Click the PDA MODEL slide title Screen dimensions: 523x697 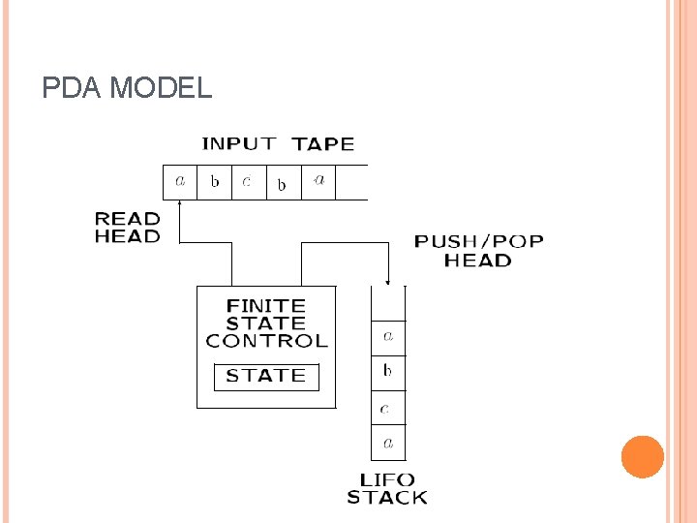pos(127,89)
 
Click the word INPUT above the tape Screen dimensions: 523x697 pos(238,144)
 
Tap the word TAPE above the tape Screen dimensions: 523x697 pos(323,144)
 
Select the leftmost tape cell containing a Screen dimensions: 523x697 pos(180,182)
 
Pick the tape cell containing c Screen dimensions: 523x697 pos(248,182)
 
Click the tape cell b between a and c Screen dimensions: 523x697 pos(215,182)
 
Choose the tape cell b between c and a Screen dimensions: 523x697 pos(283,183)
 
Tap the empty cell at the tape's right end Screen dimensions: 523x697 pos(352,182)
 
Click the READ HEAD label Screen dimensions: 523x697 pos(127,227)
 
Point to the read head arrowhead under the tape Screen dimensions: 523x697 pos(181,204)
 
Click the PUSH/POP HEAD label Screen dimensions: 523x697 pos(478,250)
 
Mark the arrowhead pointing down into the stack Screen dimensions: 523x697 pos(389,281)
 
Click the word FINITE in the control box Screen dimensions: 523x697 pos(265,306)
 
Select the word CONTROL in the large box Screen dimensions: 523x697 pos(267,341)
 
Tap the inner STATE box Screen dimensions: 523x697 pos(266,376)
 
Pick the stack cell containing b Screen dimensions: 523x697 pos(388,371)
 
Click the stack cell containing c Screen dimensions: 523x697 pos(388,408)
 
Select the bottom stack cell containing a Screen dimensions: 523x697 pos(388,444)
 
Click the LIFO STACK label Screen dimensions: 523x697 pos(387,489)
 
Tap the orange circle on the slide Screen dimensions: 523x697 pos(642,457)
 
